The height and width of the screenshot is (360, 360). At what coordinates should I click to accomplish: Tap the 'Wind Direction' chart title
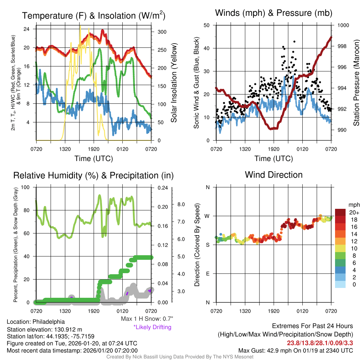click(274, 175)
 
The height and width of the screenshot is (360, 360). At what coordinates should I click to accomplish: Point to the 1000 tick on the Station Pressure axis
click(343, 25)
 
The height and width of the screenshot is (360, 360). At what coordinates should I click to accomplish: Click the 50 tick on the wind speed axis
click(207, 25)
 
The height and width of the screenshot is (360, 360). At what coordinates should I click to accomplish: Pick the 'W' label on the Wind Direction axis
click(207, 216)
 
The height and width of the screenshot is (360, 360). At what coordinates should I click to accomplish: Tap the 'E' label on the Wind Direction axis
click(207, 274)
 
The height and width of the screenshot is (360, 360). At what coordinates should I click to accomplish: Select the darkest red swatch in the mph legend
click(341, 212)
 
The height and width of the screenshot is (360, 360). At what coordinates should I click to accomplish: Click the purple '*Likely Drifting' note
click(152, 327)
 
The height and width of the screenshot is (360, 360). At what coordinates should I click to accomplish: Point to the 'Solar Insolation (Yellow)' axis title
click(174, 83)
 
